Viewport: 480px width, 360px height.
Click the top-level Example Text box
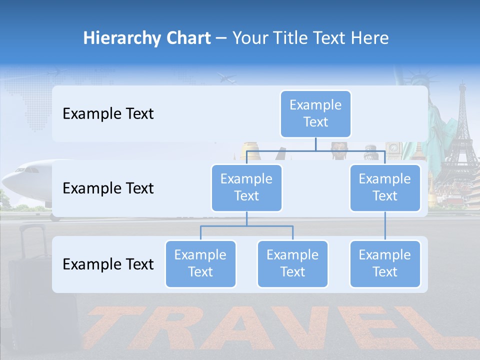point(315,113)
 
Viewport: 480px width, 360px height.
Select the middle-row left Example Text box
point(246,187)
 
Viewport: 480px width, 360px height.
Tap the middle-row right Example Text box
point(384,187)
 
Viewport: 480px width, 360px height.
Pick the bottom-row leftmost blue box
point(200,263)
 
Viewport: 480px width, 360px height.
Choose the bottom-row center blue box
point(292,263)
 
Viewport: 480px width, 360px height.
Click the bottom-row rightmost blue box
point(384,263)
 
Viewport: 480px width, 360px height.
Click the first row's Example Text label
point(108,113)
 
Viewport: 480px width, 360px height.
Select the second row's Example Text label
point(108,188)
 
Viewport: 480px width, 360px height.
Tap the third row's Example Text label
point(108,264)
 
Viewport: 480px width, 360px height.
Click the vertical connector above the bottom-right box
point(385,225)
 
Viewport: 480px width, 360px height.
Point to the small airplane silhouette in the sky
point(227,78)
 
